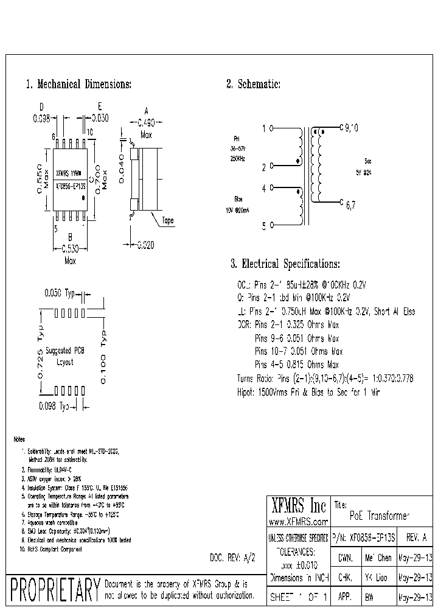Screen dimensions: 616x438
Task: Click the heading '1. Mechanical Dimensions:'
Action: [78, 85]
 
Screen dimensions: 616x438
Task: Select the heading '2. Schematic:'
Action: [253, 85]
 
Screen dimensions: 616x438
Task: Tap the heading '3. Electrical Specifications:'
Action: [285, 264]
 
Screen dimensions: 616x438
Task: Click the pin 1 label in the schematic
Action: [263, 128]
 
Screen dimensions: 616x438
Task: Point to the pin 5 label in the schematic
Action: [263, 226]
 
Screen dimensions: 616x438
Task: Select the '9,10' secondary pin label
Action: [352, 128]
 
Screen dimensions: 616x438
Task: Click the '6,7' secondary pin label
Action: [350, 206]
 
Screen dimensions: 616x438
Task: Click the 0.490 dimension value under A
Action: [146, 121]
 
